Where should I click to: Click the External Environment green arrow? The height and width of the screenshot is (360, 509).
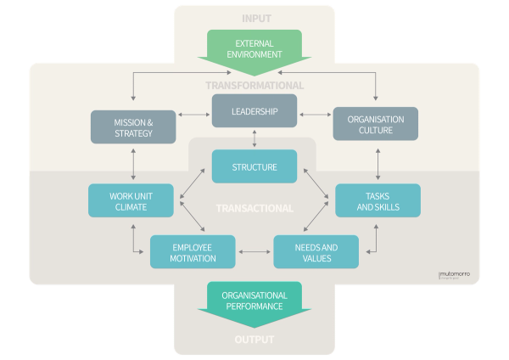point(255,48)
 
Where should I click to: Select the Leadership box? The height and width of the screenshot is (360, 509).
point(255,110)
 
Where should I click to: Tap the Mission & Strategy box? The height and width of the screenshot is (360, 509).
point(133,127)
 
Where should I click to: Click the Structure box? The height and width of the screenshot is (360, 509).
point(255,166)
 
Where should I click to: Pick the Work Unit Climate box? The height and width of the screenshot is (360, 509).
point(131,200)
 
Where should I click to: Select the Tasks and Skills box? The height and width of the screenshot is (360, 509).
point(378,200)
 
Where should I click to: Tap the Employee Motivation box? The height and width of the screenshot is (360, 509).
point(193,251)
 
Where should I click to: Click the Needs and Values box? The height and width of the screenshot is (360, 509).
point(316,251)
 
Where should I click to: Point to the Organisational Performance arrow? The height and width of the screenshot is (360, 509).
point(255,303)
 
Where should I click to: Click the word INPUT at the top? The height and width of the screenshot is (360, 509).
point(255,18)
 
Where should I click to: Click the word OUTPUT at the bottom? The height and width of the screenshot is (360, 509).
point(255,340)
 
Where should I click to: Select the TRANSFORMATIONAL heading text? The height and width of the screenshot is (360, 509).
point(255,85)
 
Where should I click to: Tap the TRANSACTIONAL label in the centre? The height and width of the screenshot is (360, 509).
point(255,208)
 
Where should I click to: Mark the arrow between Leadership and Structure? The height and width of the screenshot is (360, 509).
point(255,138)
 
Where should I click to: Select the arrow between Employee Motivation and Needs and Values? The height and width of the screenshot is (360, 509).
point(255,252)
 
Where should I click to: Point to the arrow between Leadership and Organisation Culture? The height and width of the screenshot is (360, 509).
point(316,113)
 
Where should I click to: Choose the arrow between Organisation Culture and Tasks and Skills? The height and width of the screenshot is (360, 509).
point(378,161)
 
